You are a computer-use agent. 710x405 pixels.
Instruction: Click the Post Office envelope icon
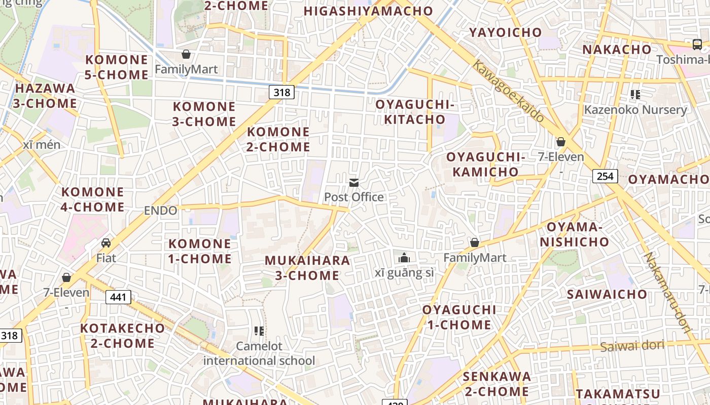click(x=354, y=183)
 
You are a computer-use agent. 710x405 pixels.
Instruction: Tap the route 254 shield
click(x=605, y=176)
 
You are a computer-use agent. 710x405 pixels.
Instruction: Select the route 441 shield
click(x=118, y=297)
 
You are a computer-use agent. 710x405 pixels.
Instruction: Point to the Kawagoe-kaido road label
click(x=509, y=91)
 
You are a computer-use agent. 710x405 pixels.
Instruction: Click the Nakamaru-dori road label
click(x=668, y=293)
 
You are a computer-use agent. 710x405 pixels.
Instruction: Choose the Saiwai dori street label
click(x=632, y=346)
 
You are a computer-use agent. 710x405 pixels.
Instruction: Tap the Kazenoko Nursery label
click(x=635, y=110)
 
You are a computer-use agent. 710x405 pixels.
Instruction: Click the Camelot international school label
click(x=259, y=353)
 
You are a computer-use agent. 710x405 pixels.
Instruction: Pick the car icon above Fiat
click(x=106, y=243)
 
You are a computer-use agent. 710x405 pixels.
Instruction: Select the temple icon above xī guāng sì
click(x=404, y=258)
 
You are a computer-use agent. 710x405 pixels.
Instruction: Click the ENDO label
click(x=161, y=211)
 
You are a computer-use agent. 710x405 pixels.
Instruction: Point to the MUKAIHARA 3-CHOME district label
click(x=307, y=268)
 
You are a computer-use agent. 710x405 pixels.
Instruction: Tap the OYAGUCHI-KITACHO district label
click(x=414, y=112)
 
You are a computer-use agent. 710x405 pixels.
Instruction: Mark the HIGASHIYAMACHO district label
click(x=368, y=11)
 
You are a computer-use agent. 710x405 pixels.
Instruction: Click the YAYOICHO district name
click(x=505, y=32)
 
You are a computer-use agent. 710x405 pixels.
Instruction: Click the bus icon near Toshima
click(x=697, y=44)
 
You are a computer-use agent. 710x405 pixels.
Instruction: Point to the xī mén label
click(x=42, y=145)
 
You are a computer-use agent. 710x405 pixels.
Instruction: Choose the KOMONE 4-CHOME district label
click(x=92, y=199)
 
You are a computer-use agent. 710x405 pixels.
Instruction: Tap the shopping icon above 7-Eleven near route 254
click(x=561, y=142)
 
